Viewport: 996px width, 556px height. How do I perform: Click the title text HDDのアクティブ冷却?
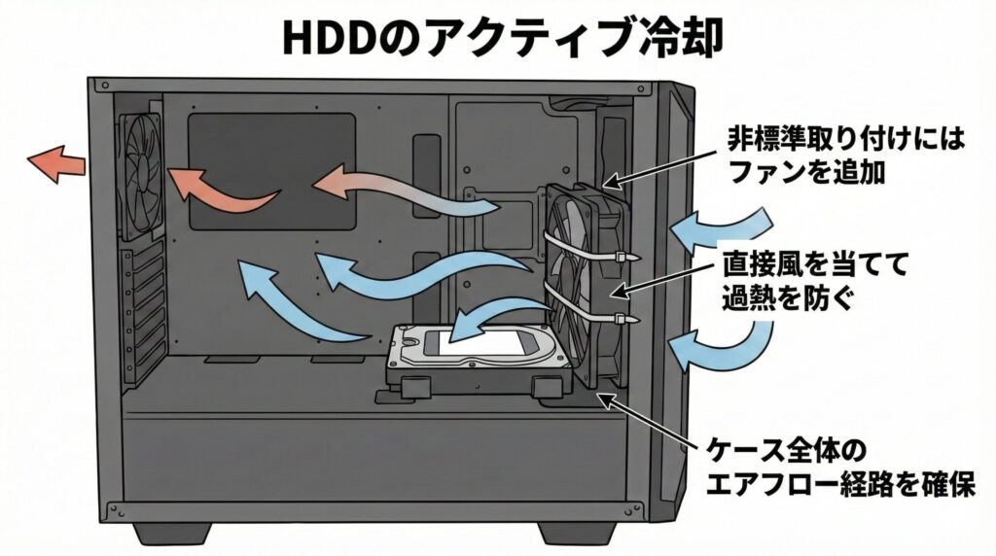pyautogui.click(x=497, y=36)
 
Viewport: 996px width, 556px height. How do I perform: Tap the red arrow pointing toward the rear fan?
pyautogui.click(x=224, y=189)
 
